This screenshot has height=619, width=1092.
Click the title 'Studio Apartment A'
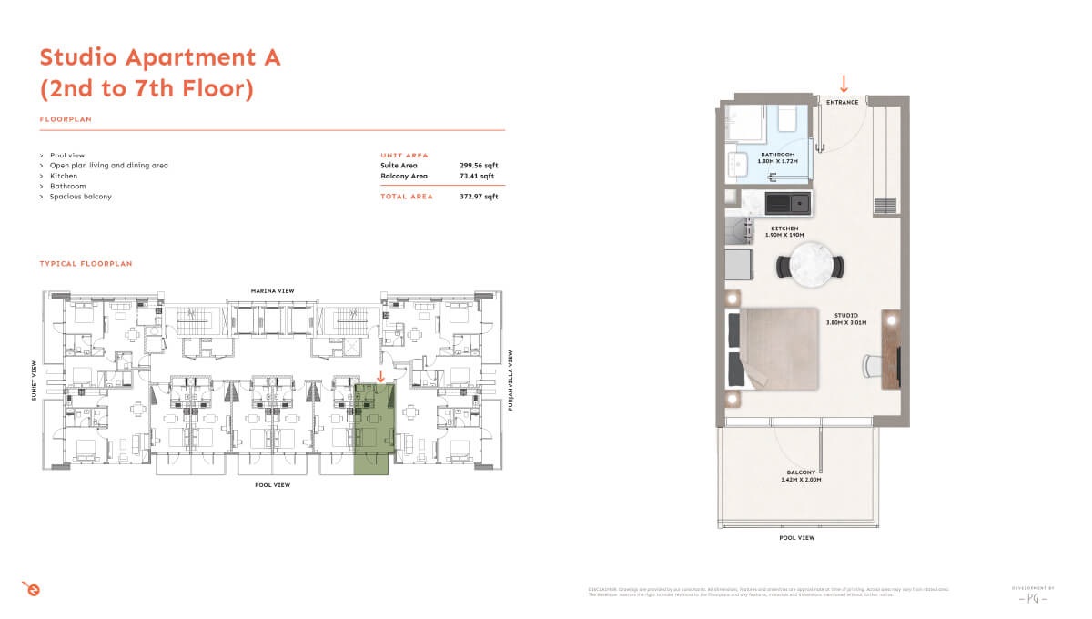click(x=160, y=57)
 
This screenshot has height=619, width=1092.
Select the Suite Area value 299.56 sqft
click(x=479, y=166)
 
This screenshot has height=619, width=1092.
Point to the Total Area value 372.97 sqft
click(x=479, y=197)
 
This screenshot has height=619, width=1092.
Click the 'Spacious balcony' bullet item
click(x=81, y=197)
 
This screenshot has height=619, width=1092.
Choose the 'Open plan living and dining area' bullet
click(x=108, y=166)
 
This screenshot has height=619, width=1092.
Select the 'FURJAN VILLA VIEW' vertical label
click(x=511, y=381)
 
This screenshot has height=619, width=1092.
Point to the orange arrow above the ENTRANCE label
click(x=844, y=84)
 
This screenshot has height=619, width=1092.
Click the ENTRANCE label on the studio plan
click(x=843, y=102)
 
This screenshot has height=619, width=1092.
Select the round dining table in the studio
click(x=809, y=265)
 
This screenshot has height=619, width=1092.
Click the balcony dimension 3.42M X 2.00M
click(x=800, y=479)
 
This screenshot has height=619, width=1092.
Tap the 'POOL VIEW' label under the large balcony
click(x=796, y=538)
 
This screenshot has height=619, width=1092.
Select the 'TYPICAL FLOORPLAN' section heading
click(x=86, y=264)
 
